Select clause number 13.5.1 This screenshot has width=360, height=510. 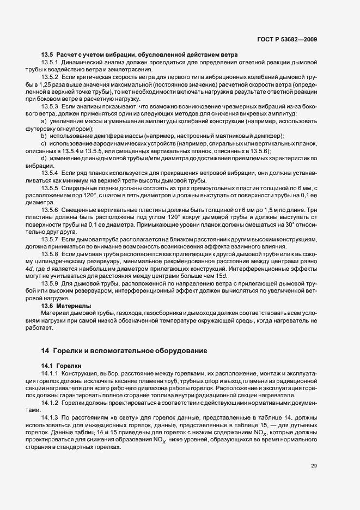[50, 63]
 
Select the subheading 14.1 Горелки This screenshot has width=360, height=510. [61, 365]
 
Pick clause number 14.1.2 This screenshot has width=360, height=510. [50, 403]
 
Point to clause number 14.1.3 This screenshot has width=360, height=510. [50, 417]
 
